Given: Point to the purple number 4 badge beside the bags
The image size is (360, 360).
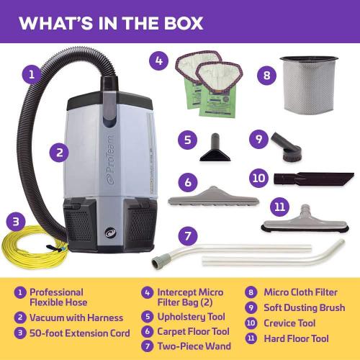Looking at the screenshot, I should click(x=160, y=60).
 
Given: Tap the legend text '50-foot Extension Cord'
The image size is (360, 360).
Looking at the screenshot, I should click(x=79, y=333).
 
